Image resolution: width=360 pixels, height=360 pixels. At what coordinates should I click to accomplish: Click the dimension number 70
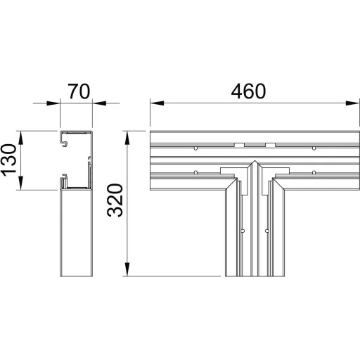point(79,91)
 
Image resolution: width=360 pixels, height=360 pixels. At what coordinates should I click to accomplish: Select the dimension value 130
point(9,160)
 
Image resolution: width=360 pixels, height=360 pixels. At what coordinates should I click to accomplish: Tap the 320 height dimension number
point(115,200)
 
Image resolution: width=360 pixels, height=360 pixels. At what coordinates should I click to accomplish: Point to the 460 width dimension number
point(248,91)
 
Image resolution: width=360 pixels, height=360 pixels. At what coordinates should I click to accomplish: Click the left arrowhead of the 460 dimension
point(157,103)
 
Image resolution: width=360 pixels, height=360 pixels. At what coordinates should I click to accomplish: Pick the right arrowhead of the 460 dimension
point(352,103)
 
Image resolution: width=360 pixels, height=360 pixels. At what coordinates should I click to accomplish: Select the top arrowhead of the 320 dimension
point(127,138)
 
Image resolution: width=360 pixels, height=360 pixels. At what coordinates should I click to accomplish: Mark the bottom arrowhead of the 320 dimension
point(127,269)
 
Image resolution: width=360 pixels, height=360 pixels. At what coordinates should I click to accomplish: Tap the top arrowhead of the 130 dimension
point(20,138)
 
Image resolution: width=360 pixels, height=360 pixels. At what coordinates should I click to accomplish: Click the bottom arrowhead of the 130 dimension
point(20,183)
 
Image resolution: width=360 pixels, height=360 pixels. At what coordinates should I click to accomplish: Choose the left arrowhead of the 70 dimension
point(53,103)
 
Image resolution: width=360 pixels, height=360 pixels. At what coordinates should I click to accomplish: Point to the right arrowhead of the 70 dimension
point(99,103)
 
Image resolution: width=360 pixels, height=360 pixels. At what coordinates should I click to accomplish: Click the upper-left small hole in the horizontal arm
point(195,148)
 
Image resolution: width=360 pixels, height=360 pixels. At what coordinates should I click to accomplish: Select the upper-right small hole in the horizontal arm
point(314,148)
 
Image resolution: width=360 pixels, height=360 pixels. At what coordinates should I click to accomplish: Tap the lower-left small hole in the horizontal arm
point(195,172)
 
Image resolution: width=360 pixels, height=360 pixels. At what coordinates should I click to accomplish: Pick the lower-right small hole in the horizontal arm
point(314,172)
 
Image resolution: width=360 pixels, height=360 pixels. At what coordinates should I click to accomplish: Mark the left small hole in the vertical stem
point(243,231)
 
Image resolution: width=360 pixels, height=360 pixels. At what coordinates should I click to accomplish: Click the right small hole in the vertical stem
point(266,231)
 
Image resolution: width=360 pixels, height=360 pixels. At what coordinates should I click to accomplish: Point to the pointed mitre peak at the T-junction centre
point(255,161)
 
